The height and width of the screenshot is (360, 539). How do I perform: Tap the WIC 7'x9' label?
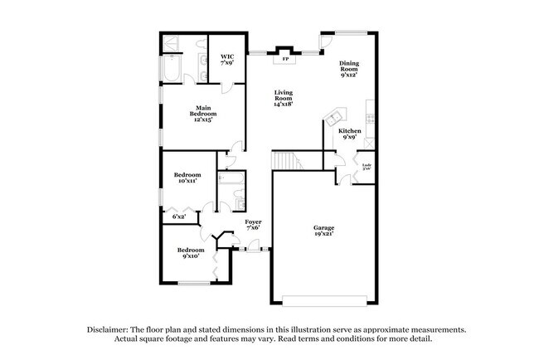[x=226, y=60]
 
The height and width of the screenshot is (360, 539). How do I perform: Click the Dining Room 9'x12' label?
[x=349, y=70]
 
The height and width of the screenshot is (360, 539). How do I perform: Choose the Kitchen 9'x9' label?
[x=349, y=134]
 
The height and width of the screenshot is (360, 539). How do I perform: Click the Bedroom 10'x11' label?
[x=187, y=178]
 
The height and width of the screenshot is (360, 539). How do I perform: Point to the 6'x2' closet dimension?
[x=178, y=216]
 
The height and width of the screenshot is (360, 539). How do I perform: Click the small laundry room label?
[x=366, y=168]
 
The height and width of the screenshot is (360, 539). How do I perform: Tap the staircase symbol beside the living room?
[x=286, y=159]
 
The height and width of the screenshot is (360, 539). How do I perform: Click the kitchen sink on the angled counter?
[x=337, y=115]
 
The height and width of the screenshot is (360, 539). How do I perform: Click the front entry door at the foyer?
[x=251, y=248]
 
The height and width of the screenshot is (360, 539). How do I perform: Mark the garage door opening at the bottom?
[x=323, y=299]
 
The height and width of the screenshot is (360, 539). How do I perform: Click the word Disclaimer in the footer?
[x=112, y=328]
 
